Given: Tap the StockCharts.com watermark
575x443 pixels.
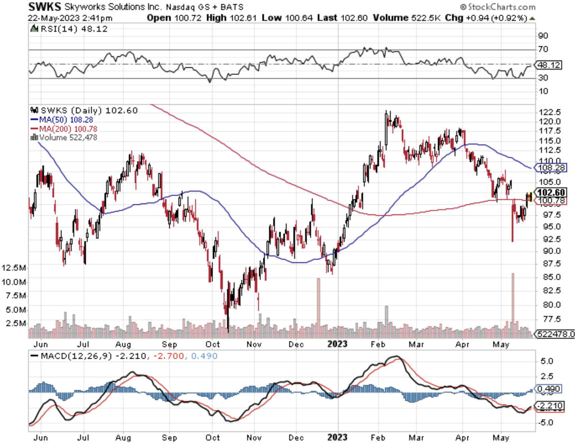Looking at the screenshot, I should (498, 7).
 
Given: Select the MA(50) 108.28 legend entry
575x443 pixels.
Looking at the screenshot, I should (62, 120).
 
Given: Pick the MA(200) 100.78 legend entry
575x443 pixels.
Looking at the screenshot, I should (64, 129).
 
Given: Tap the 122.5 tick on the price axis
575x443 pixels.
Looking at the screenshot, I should (550, 112).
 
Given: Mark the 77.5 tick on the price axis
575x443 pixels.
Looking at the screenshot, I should (550, 319).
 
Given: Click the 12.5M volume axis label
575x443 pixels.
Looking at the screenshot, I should (14, 268).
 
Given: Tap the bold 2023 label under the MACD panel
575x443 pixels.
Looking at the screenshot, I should (337, 437).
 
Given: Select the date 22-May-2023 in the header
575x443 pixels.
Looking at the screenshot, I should (51, 18).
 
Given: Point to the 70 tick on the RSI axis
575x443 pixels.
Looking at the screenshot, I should (543, 49).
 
